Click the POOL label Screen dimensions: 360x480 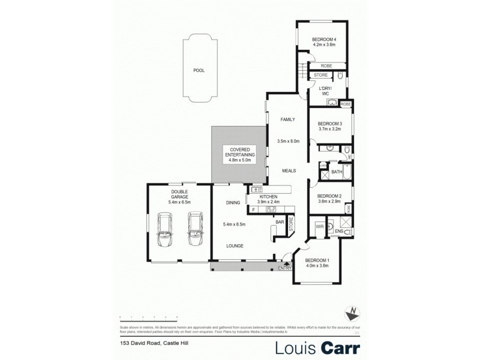point(199,71)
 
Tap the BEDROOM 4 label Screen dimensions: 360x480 point(323,40)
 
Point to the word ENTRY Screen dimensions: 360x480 point(283,268)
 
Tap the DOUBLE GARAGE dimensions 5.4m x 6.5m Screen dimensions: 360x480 point(179,202)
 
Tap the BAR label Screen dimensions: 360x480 point(280,222)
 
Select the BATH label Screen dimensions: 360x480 point(337,172)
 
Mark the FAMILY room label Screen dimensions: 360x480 point(288,120)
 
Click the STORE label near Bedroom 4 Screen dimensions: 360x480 point(321,76)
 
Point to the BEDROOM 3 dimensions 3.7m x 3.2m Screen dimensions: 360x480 point(329,129)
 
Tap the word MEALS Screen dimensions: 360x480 point(289,171)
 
